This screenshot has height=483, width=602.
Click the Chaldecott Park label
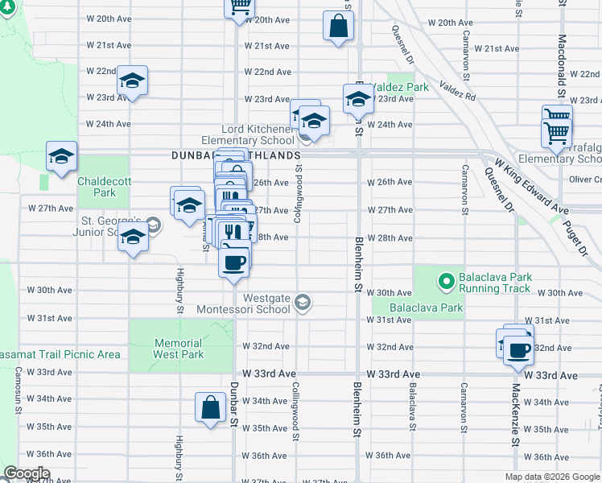pyautogui.click(x=97, y=187)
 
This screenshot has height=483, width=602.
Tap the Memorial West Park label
pyautogui.click(x=178, y=349)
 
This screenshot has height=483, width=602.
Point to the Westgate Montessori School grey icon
pyautogui.click(x=303, y=303)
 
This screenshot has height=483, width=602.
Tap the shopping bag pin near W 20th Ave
pyautogui.click(x=338, y=26)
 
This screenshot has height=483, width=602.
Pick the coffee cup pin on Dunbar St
pyautogui.click(x=234, y=263)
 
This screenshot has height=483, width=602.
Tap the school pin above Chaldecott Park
pyautogui.click(x=61, y=158)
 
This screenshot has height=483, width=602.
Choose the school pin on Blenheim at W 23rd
pyautogui.click(x=358, y=99)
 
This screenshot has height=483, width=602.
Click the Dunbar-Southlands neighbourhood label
pyautogui.click(x=235, y=155)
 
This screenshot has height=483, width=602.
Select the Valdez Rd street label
pyautogui.click(x=457, y=91)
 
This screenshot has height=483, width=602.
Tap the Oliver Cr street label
pyautogui.click(x=585, y=180)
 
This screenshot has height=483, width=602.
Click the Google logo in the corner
pyautogui.click(x=27, y=473)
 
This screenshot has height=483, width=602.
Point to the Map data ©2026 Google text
pyautogui.click(x=551, y=477)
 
